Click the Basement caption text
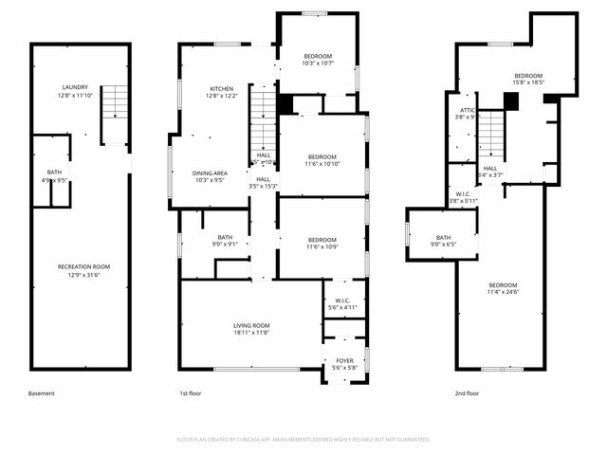tap(42, 393)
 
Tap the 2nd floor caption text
tap(467, 393)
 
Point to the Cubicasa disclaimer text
tap(303, 439)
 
